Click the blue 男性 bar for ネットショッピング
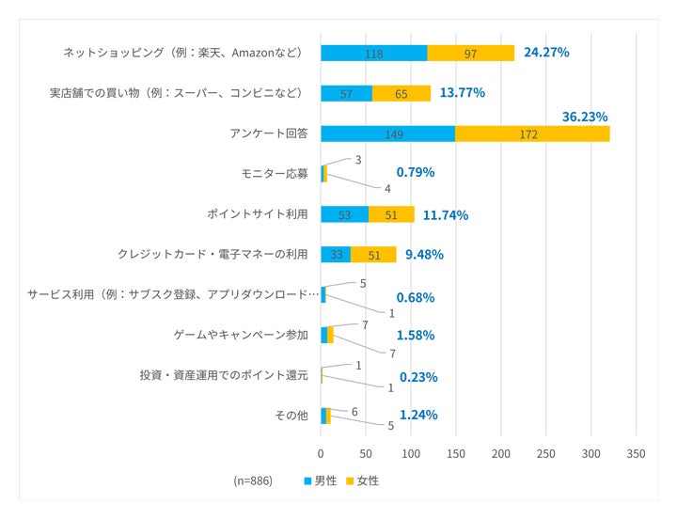pyautogui.click(x=373, y=54)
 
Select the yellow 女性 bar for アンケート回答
pyautogui.click(x=532, y=134)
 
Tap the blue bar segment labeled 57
pyautogui.click(x=346, y=93)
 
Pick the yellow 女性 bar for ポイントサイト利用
pyautogui.click(x=391, y=214)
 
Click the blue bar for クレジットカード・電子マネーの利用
pyautogui.click(x=336, y=254)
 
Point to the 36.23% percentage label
pyautogui.click(x=585, y=117)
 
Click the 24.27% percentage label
pyautogui.click(x=546, y=53)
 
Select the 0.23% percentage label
pyautogui.click(x=417, y=377)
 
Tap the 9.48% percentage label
pyautogui.click(x=424, y=254)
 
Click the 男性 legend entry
pyautogui.click(x=320, y=480)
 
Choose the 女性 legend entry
pyautogui.click(x=362, y=480)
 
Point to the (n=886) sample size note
pyautogui.click(x=253, y=480)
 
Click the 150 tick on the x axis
pyautogui.click(x=456, y=453)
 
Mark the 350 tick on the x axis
pyautogui.click(x=636, y=453)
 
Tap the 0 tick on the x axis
pyautogui.click(x=321, y=453)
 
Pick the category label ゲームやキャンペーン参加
pyautogui.click(x=241, y=335)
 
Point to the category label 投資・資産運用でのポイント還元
pyautogui.click(x=224, y=375)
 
